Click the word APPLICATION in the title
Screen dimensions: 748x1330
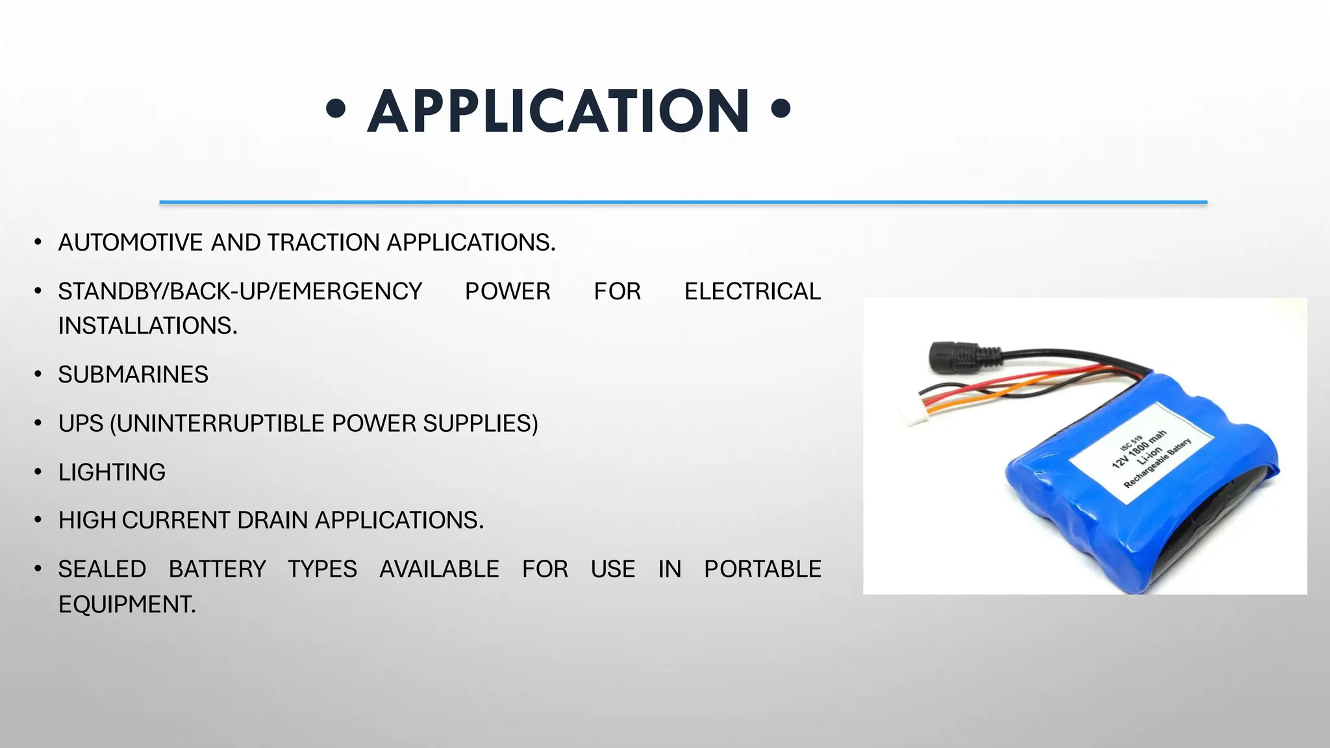558,112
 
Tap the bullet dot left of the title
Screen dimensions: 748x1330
336,108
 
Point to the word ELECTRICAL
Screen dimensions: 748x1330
753,292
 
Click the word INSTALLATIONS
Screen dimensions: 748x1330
147,326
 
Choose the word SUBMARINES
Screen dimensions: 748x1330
133,375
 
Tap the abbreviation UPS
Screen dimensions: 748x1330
81,423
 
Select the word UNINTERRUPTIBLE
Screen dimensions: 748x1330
221,423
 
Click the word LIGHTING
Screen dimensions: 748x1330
112,472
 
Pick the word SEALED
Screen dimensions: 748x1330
102,569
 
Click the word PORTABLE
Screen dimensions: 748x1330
762,569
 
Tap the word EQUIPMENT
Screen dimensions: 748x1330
127,605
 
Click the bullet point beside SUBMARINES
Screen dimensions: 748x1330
38,375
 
